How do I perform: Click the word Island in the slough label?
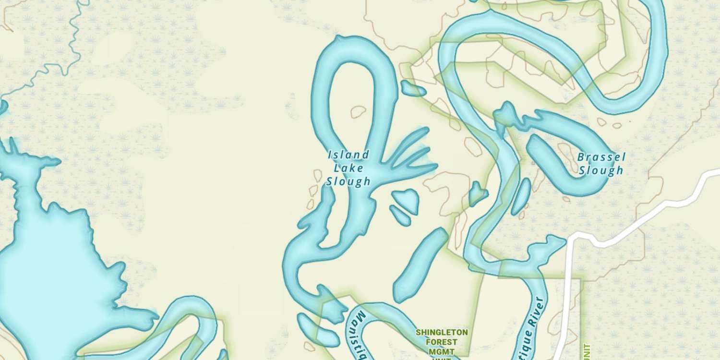pyautogui.click(x=348, y=155)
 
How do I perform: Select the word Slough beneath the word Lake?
pyautogui.click(x=348, y=181)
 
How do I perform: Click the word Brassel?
pyautogui.click(x=601, y=157)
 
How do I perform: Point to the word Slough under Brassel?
pyautogui.click(x=601, y=170)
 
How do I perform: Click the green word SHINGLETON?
pyautogui.click(x=442, y=333)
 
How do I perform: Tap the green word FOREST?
pyautogui.click(x=442, y=342)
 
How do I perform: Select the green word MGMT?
pyautogui.click(x=442, y=352)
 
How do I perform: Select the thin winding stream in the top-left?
pyautogui.click(x=58, y=67)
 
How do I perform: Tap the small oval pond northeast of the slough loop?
pyautogui.click(x=412, y=88)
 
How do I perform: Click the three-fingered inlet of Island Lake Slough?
pyautogui.click(x=408, y=154)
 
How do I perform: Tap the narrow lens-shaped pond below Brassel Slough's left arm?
pyautogui.click(x=521, y=197)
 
